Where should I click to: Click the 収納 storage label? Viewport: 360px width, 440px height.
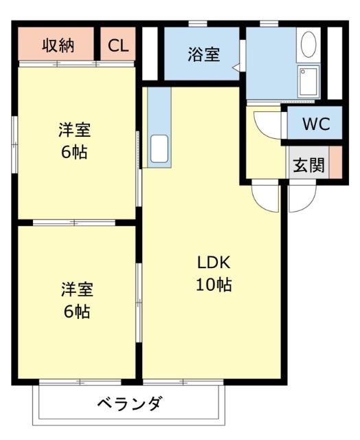point(58,46)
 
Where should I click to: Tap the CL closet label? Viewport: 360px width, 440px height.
point(118,46)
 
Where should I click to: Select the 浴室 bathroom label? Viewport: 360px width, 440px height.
point(203,54)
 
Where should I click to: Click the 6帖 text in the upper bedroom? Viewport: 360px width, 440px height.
point(74,152)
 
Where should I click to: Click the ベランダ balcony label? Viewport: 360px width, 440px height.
point(130,403)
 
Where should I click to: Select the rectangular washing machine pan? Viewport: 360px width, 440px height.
point(308,82)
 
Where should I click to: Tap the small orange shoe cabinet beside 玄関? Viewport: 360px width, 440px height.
point(336,162)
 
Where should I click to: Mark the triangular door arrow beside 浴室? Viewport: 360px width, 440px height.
point(236,68)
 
